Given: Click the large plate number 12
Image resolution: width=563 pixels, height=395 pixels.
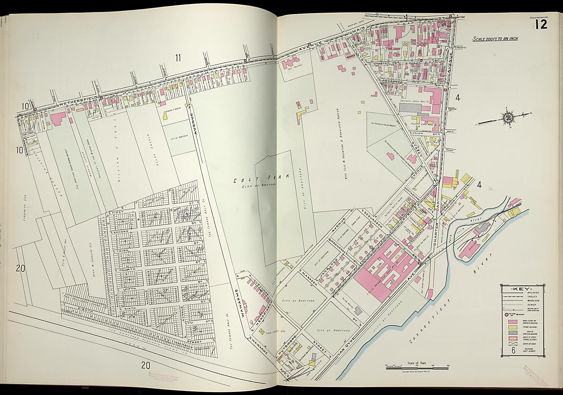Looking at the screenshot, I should point(541,24).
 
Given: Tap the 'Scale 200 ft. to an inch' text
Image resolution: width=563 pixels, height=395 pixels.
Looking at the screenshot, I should point(495,39).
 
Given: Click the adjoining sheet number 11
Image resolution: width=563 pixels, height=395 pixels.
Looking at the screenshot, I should point(178,58).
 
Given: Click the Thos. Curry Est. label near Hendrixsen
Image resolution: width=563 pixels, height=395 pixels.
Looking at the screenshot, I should point(274,333).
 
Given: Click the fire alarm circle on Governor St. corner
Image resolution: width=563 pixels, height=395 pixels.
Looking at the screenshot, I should point(445,89).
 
